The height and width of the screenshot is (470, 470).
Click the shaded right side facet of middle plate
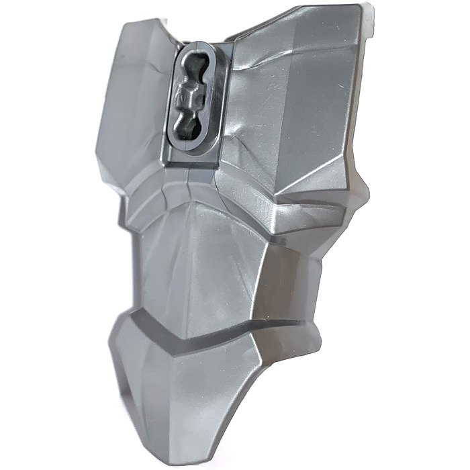pos(275,275)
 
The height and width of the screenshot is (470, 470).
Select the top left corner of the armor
pos(124,27)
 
